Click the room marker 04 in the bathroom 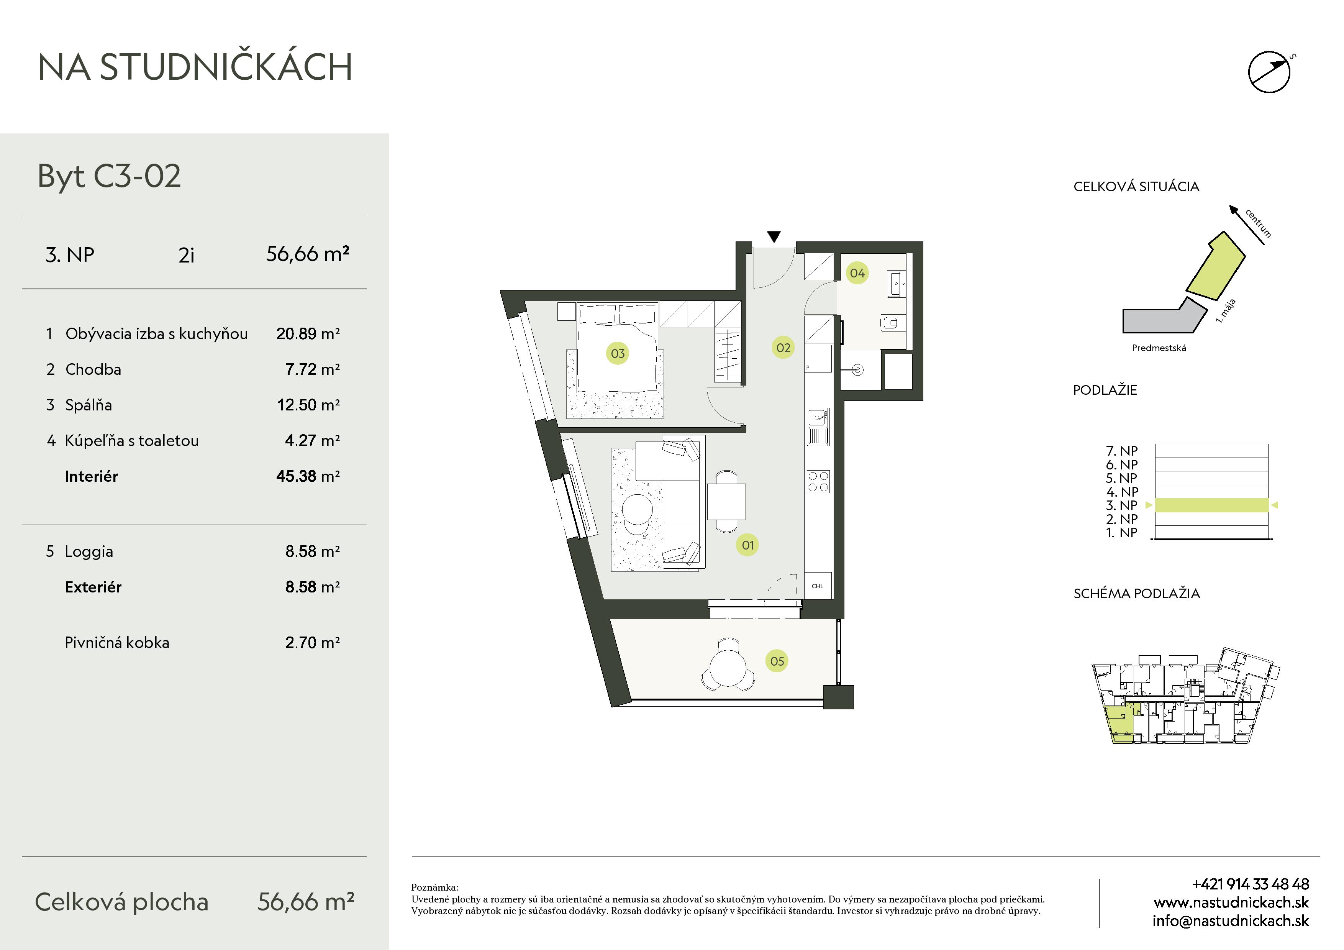pos(857,273)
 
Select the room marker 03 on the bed pos(618,353)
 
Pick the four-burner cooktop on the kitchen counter pos(818,482)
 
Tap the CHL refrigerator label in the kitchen pos(818,586)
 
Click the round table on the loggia pos(728,668)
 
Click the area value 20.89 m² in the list pos(308,334)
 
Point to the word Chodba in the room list pos(93,369)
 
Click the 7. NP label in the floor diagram pos(1121,451)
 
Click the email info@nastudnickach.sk pos(1231,921)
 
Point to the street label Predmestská pos(1159,348)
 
